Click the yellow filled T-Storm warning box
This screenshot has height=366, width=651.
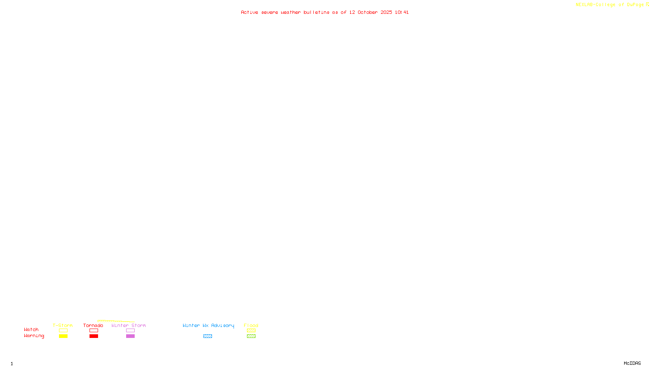63,336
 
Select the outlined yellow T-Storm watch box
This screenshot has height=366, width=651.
63,331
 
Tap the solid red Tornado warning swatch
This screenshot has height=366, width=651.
94,336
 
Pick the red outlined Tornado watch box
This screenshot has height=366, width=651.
94,331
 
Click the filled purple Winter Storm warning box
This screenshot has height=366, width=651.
130,336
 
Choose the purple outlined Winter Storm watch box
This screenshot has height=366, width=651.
130,331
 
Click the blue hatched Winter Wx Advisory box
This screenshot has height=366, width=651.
208,336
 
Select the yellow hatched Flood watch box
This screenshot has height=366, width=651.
251,331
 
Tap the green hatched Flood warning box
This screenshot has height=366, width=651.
251,336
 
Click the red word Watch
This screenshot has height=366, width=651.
31,330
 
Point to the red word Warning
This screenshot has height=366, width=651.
34,336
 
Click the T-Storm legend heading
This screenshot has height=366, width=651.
63,325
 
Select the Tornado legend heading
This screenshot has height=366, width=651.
93,325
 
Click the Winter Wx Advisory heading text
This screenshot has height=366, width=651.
208,325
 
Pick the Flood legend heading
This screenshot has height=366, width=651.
251,325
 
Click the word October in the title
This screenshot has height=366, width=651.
367,12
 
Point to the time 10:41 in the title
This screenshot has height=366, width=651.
402,12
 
